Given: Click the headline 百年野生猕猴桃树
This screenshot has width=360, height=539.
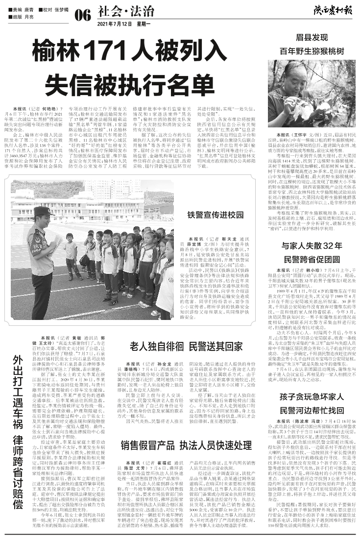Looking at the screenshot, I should pos(312,51).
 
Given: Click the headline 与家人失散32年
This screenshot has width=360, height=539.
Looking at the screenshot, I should pos(312,245).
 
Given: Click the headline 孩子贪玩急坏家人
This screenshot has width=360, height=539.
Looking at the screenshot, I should pos(312,410).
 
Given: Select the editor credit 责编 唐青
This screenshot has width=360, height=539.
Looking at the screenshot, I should pos(22,9).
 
